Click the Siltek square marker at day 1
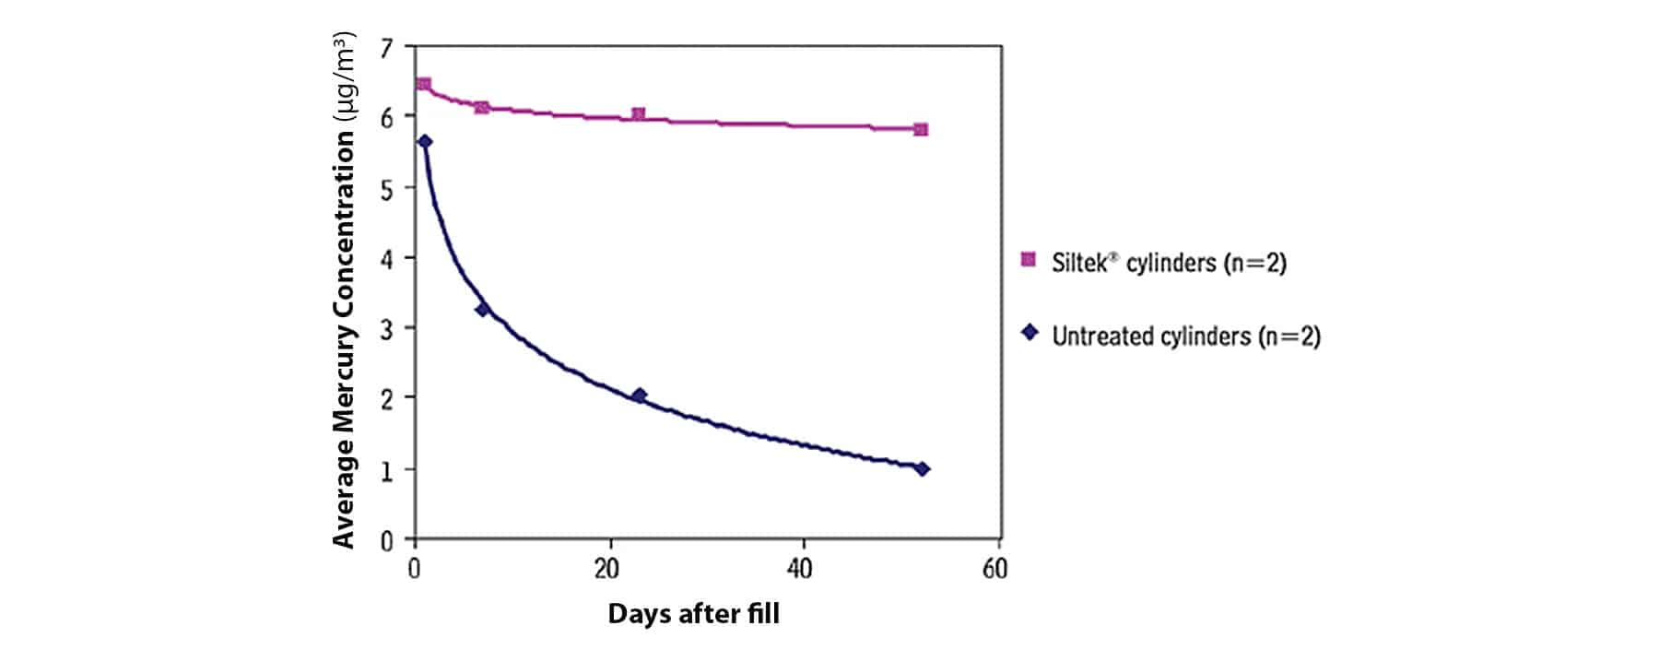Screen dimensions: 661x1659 tap(424, 84)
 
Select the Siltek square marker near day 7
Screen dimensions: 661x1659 tap(481, 108)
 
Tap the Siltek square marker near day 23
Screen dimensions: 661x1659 tap(638, 114)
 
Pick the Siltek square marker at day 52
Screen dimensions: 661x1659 tap(921, 130)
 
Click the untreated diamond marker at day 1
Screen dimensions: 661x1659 tap(425, 142)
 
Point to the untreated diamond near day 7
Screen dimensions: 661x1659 tap(482, 310)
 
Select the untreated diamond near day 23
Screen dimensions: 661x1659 tap(639, 395)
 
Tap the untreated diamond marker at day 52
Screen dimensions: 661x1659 tap(922, 469)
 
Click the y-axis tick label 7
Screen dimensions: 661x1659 tap(386, 48)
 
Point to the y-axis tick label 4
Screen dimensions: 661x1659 tap(386, 258)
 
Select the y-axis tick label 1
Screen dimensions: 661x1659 tap(386, 470)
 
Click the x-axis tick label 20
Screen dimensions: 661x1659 tap(606, 569)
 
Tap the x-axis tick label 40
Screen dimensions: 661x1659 tap(800, 569)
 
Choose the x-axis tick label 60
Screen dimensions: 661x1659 tap(994, 569)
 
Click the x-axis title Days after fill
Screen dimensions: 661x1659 tap(693, 614)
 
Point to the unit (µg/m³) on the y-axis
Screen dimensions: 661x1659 tap(344, 77)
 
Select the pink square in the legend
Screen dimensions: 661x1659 tap(1030, 260)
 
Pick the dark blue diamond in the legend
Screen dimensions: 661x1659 tap(1030, 333)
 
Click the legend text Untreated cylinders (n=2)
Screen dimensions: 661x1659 tap(1185, 336)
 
